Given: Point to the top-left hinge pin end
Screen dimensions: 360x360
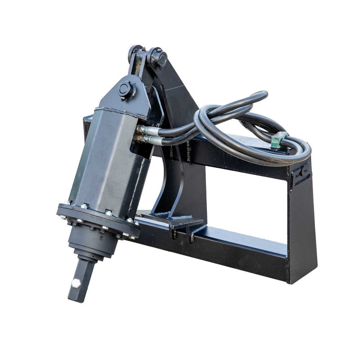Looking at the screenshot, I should [x=134, y=52].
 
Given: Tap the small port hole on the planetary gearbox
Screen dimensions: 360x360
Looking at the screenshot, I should [x=102, y=238].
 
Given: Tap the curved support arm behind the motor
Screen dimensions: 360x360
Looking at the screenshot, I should [x=171, y=180].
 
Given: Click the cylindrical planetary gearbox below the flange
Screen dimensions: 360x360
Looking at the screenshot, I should [x=92, y=245].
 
